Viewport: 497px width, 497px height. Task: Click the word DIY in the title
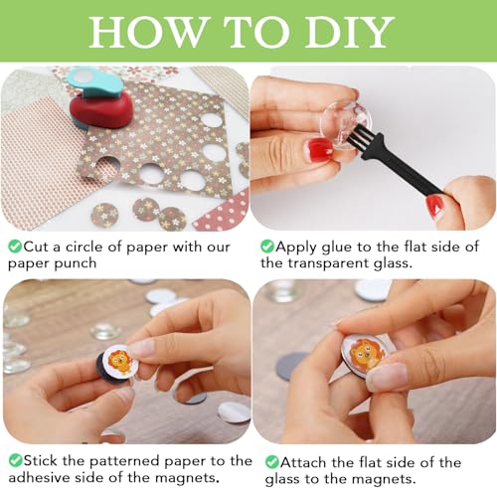point(350,32)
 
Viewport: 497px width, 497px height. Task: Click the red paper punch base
point(101,110)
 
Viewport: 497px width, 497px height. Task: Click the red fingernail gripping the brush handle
point(435,205)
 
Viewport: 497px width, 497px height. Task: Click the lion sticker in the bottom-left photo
point(120,360)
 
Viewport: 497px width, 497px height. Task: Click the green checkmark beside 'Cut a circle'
point(15,247)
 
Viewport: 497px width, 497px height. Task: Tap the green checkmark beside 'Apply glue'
point(266,247)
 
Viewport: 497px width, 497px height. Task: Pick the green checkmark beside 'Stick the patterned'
point(15,460)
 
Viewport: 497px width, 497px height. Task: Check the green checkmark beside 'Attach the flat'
point(271,462)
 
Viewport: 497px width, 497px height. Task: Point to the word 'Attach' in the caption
point(303,462)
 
